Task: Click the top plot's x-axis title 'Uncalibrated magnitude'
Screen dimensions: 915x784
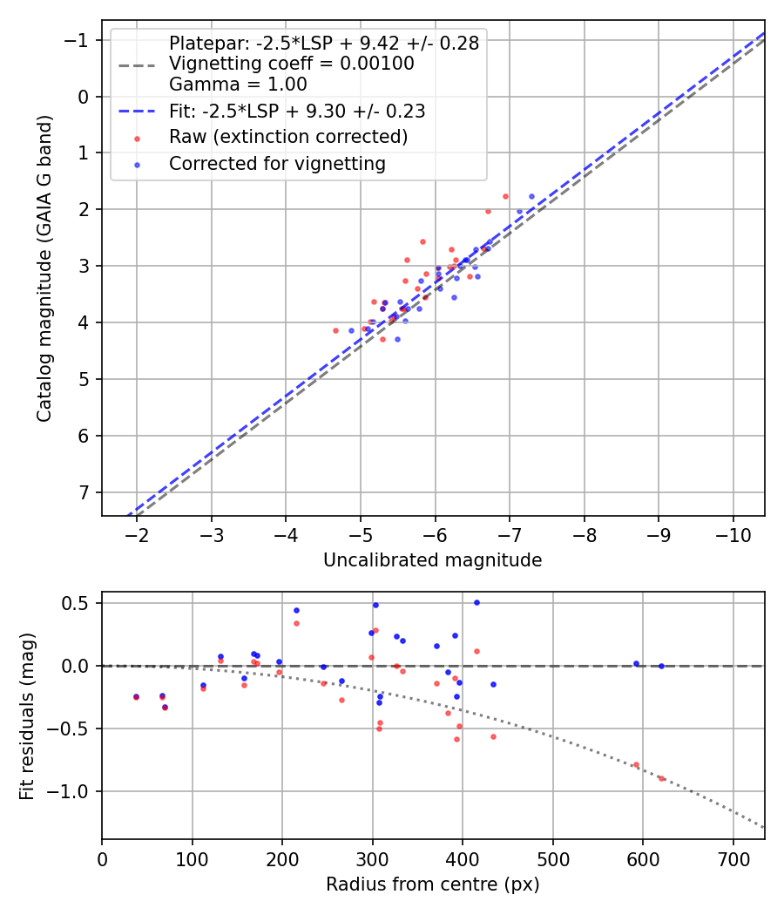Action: [432, 560]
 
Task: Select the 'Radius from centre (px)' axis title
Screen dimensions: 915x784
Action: [432, 884]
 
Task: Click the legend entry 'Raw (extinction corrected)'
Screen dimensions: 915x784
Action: [287, 137]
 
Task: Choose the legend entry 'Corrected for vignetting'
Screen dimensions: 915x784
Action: [277, 164]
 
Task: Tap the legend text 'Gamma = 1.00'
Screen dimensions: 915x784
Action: [238, 85]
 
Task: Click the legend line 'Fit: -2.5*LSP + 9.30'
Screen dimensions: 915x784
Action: [296, 111]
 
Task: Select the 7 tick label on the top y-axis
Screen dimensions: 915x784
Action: [84, 492]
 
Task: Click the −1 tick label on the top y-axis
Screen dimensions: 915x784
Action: [79, 40]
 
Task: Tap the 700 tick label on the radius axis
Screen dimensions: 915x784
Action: [733, 858]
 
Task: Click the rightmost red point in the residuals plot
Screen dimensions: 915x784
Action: [661, 778]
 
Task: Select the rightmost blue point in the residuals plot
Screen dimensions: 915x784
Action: [661, 666]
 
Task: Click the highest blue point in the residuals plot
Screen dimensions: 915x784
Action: [476, 602]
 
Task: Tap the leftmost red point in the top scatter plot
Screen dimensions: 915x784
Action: [335, 330]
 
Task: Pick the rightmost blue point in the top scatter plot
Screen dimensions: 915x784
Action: [531, 196]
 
